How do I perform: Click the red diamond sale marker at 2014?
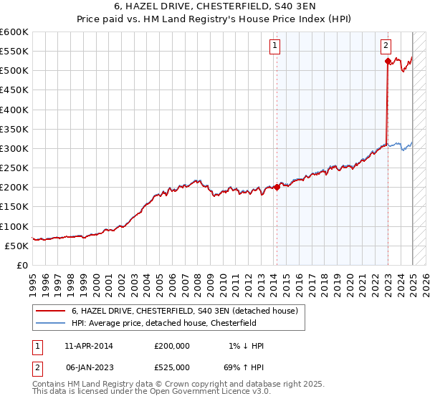277,188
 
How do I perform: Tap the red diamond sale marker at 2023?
388,62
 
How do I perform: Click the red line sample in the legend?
52,311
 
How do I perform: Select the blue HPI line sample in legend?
52,323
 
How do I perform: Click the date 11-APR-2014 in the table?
89,346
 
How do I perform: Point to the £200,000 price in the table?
172,346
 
